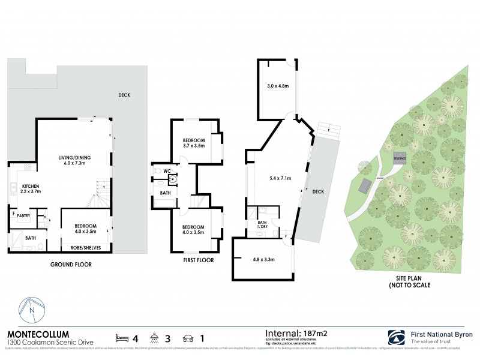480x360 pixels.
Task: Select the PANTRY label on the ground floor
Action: coord(23,215)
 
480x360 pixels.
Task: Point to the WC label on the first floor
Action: coord(167,171)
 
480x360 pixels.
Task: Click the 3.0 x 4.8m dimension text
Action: coord(277,86)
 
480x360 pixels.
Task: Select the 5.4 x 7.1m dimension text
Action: coord(279,178)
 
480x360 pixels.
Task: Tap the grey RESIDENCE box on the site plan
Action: coord(400,158)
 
